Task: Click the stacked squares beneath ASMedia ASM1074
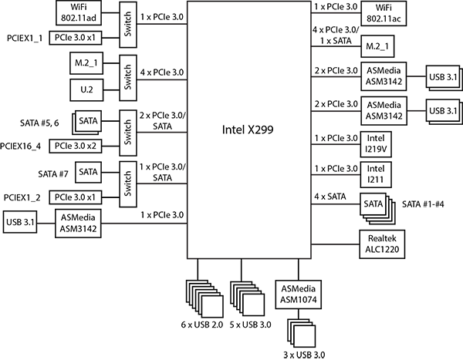(x=302, y=335)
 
